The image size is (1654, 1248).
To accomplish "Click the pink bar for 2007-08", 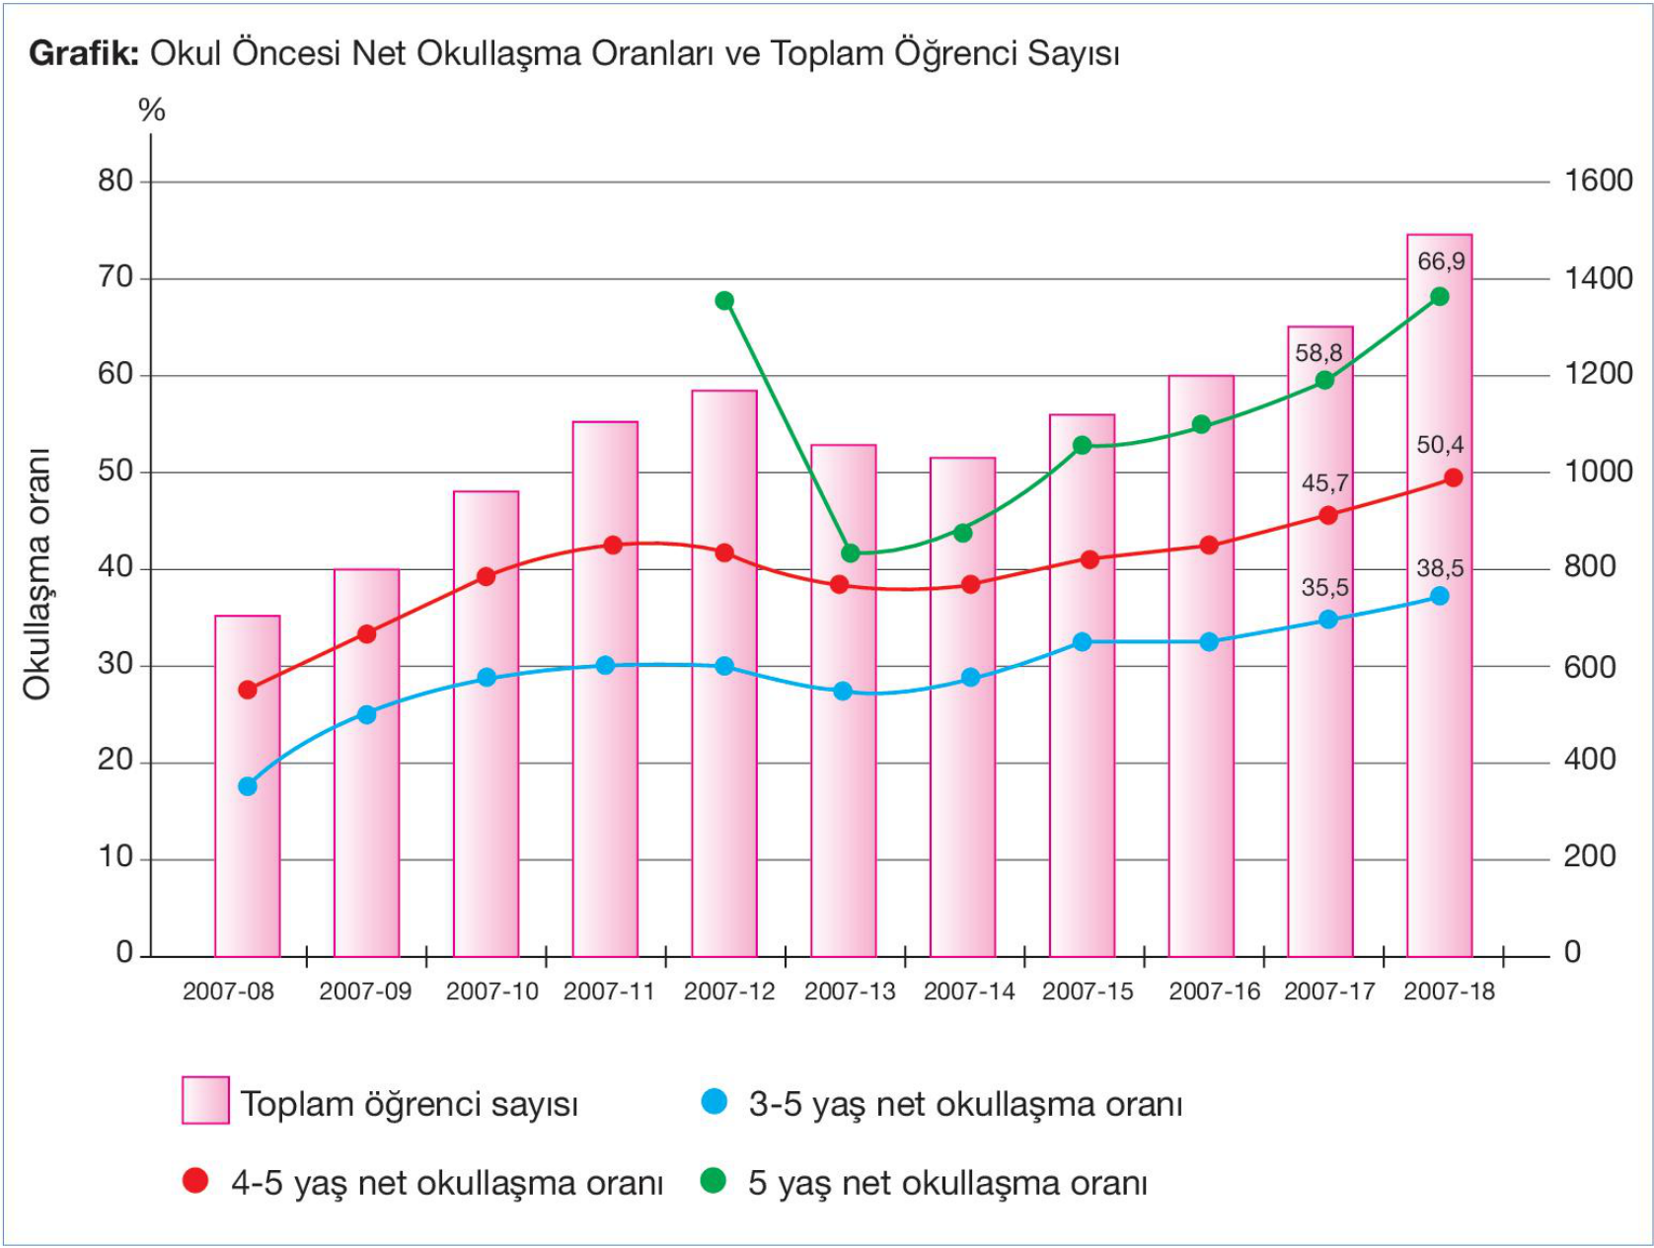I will coord(248,839).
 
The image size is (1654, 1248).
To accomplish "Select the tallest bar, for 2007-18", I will coord(1439,691).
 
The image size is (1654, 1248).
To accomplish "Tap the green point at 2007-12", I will coord(724,301).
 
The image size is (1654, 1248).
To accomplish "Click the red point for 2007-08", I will coord(248,690).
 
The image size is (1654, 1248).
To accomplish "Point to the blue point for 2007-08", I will coord(248,786).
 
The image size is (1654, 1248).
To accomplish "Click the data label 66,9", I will coord(1441,262).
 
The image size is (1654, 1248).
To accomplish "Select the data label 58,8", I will coord(1318,353).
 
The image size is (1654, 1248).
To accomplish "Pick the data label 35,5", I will coord(1324,588).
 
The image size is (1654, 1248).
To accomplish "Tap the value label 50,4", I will coord(1440,445).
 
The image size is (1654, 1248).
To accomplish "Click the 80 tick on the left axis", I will coord(115,181).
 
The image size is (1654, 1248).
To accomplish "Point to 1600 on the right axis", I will coord(1598,181).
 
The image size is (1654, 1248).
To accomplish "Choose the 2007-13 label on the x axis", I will coord(850,991).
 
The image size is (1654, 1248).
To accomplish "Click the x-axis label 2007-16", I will coord(1214,991).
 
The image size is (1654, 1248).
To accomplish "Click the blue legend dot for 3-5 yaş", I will coord(714,1102).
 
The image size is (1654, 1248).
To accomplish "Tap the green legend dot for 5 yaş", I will coord(713,1181).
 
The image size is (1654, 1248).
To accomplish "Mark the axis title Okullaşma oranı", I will coord(38,574).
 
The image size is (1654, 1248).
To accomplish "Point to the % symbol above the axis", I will coord(152,110).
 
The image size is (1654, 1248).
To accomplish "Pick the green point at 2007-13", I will coord(851,552).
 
